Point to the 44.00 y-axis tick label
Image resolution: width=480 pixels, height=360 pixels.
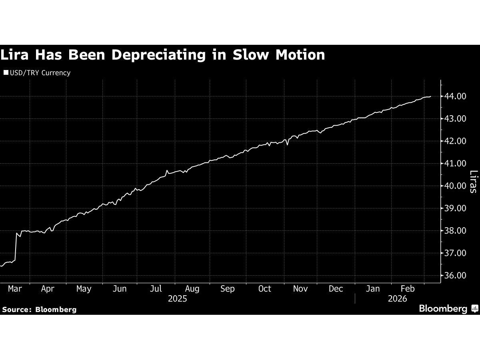[455, 96]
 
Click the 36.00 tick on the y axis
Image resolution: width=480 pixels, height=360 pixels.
[455, 276]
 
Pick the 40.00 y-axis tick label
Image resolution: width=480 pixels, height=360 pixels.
[455, 186]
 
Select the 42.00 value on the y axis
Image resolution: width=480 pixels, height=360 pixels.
[455, 141]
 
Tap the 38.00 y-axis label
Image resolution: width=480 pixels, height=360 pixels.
[455, 231]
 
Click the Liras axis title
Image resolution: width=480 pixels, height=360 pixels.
[474, 182]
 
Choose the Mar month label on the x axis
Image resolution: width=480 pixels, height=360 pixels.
[15, 289]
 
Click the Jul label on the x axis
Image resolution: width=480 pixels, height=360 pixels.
[156, 289]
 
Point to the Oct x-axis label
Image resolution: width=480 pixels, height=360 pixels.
[264, 289]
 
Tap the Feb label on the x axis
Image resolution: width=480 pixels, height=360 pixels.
[408, 289]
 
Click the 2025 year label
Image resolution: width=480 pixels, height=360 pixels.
[178, 299]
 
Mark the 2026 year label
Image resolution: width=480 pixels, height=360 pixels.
[397, 299]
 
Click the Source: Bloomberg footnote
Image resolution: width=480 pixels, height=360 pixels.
[39, 310]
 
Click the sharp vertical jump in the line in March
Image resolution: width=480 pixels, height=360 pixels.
[16, 246]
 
